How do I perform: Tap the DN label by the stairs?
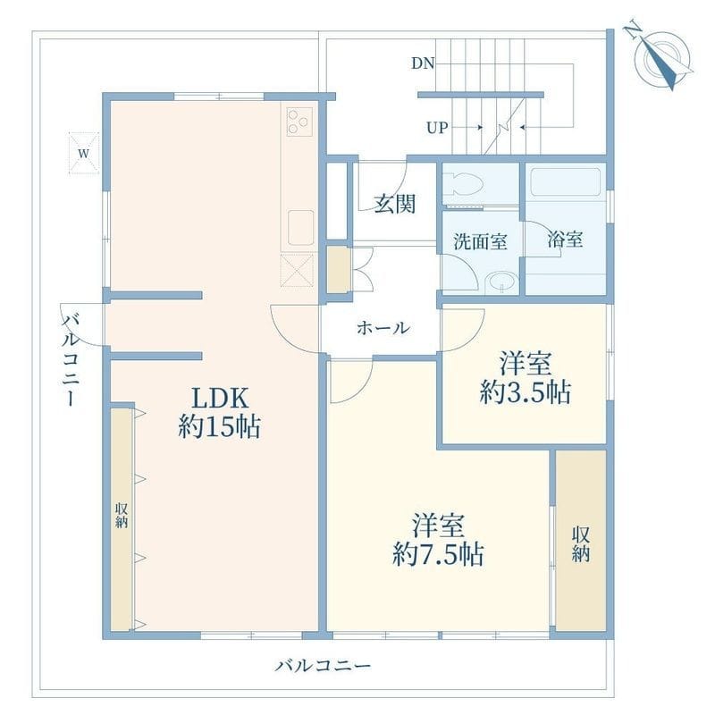[x=423, y=63]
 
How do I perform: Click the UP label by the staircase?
[x=437, y=128]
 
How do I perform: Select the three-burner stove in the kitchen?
[x=299, y=122]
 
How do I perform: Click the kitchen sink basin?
[x=301, y=228]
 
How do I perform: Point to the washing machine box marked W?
[x=83, y=153]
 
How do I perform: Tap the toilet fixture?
[x=464, y=186]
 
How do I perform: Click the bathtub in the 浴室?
[x=566, y=182]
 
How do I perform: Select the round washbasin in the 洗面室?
[x=501, y=282]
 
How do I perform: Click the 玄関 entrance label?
[x=395, y=204]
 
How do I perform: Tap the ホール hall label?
[x=383, y=327]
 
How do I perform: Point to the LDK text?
[x=220, y=398]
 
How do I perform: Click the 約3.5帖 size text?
[x=525, y=392]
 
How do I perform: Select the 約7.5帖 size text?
[x=438, y=554]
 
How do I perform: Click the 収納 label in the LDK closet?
[x=122, y=516]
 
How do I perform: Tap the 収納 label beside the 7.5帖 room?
[x=580, y=544]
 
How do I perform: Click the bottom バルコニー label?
[x=323, y=666]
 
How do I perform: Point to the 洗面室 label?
[x=480, y=241]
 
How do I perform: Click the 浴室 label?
[x=565, y=240]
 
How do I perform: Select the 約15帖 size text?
[x=219, y=427]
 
